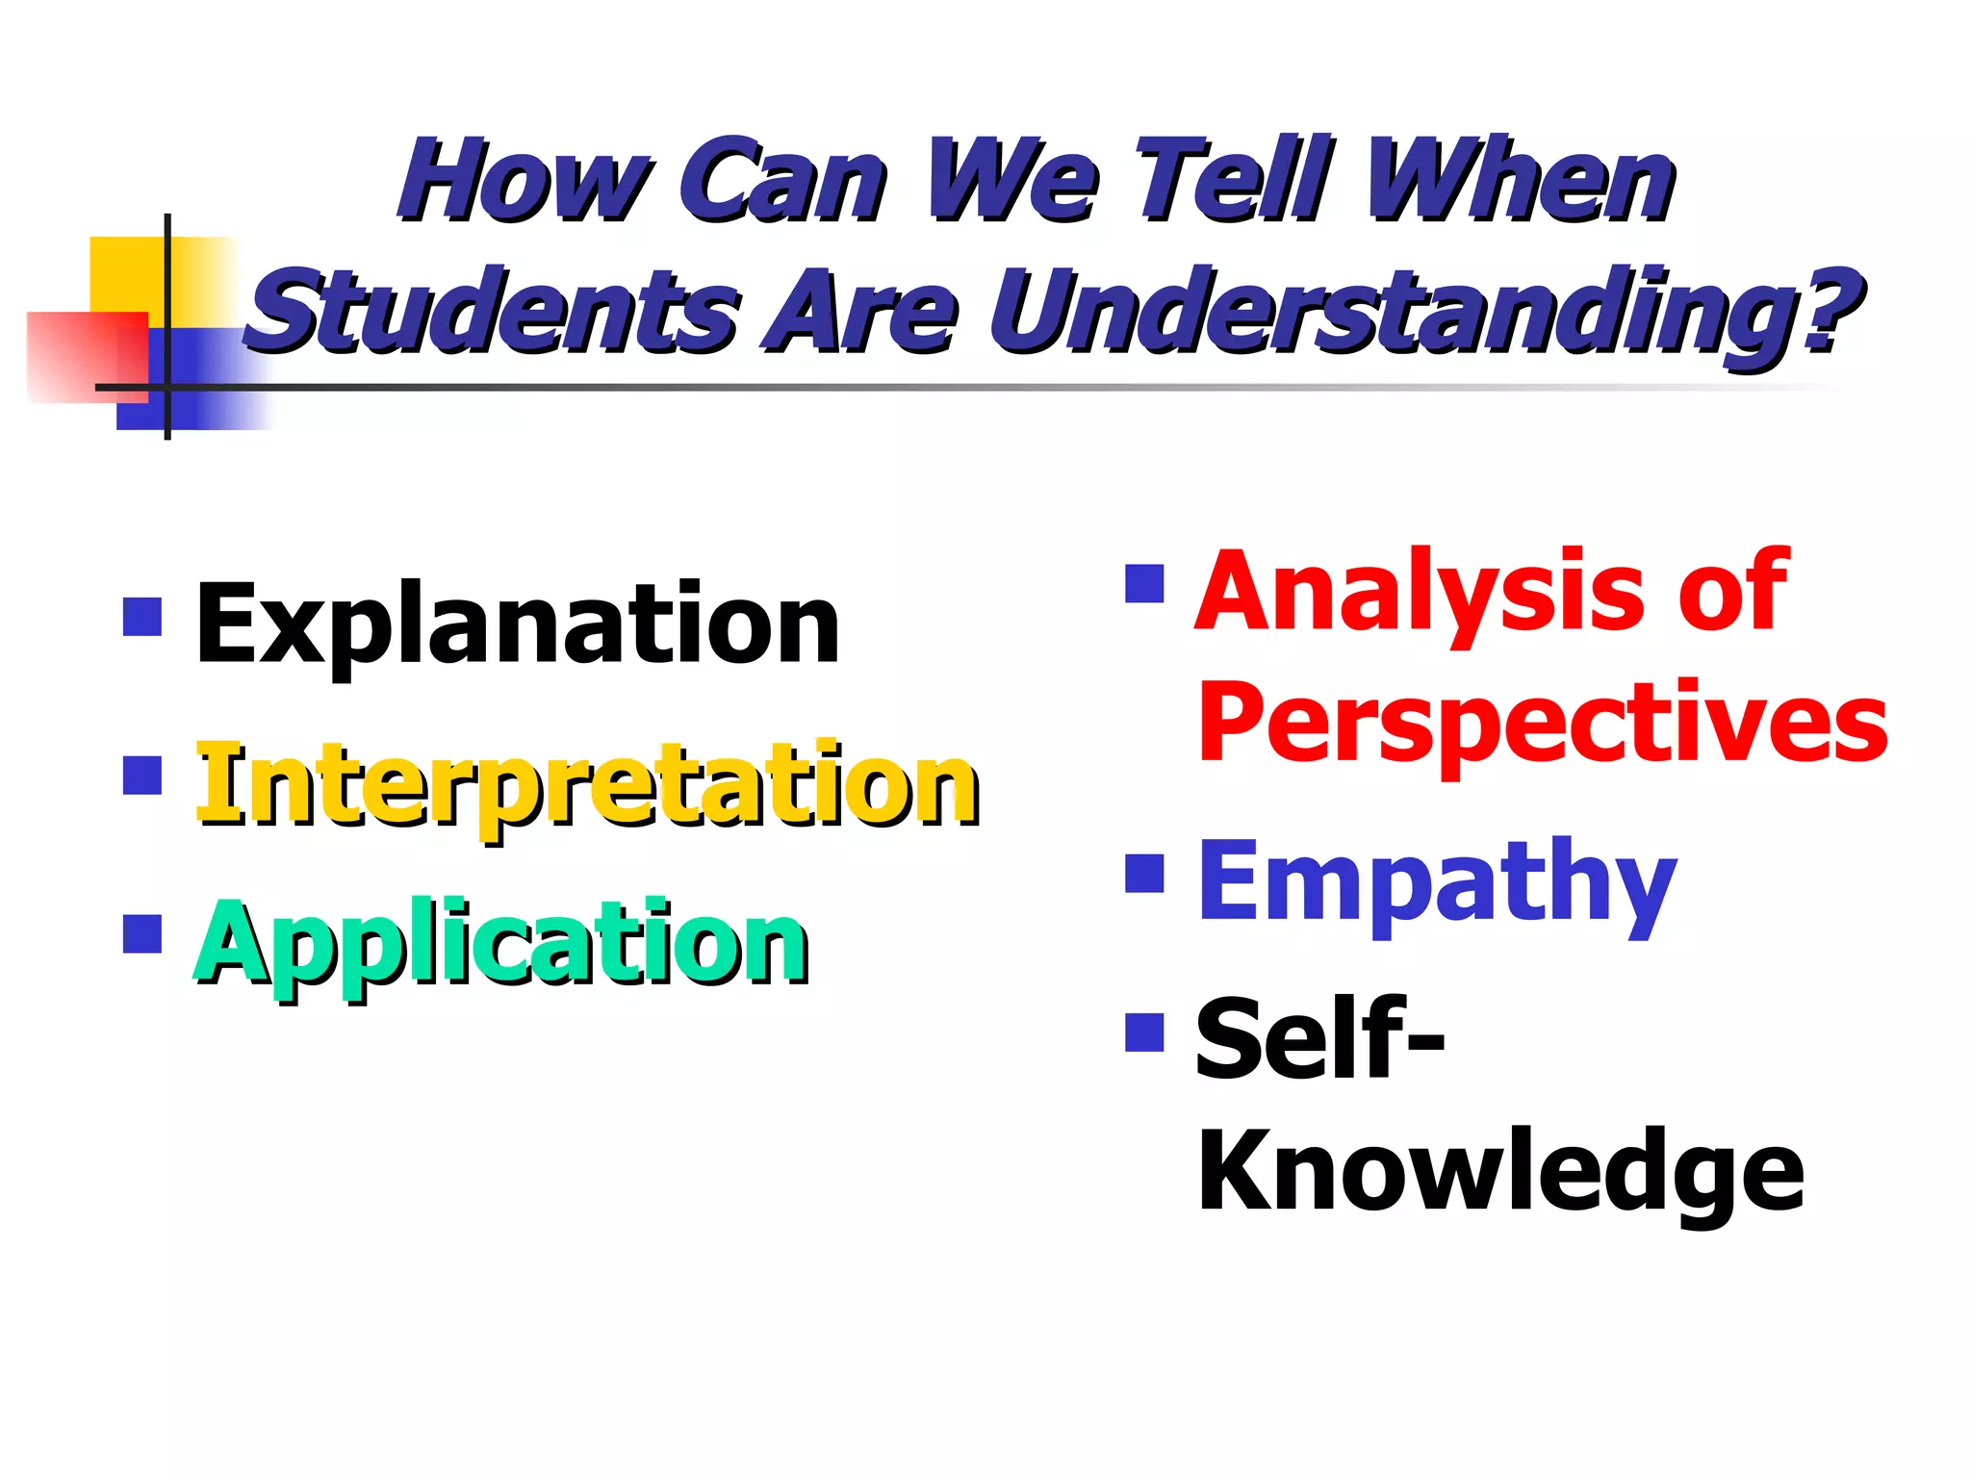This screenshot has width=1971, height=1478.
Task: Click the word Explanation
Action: coord(517,625)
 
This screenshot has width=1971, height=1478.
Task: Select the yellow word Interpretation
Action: coord(587,785)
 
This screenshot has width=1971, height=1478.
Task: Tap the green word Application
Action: coord(501,944)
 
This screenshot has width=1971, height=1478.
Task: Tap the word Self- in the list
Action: coord(1319,1039)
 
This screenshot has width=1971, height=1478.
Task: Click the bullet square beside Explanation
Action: coord(142,617)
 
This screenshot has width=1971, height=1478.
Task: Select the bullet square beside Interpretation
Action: coord(142,776)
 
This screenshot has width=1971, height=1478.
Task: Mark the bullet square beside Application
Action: coord(142,932)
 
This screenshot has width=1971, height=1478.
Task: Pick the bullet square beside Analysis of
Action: coord(1144,583)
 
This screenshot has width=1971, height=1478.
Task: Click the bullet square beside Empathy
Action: coord(1144,874)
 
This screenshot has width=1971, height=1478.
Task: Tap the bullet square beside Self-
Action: coord(1144,1032)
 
